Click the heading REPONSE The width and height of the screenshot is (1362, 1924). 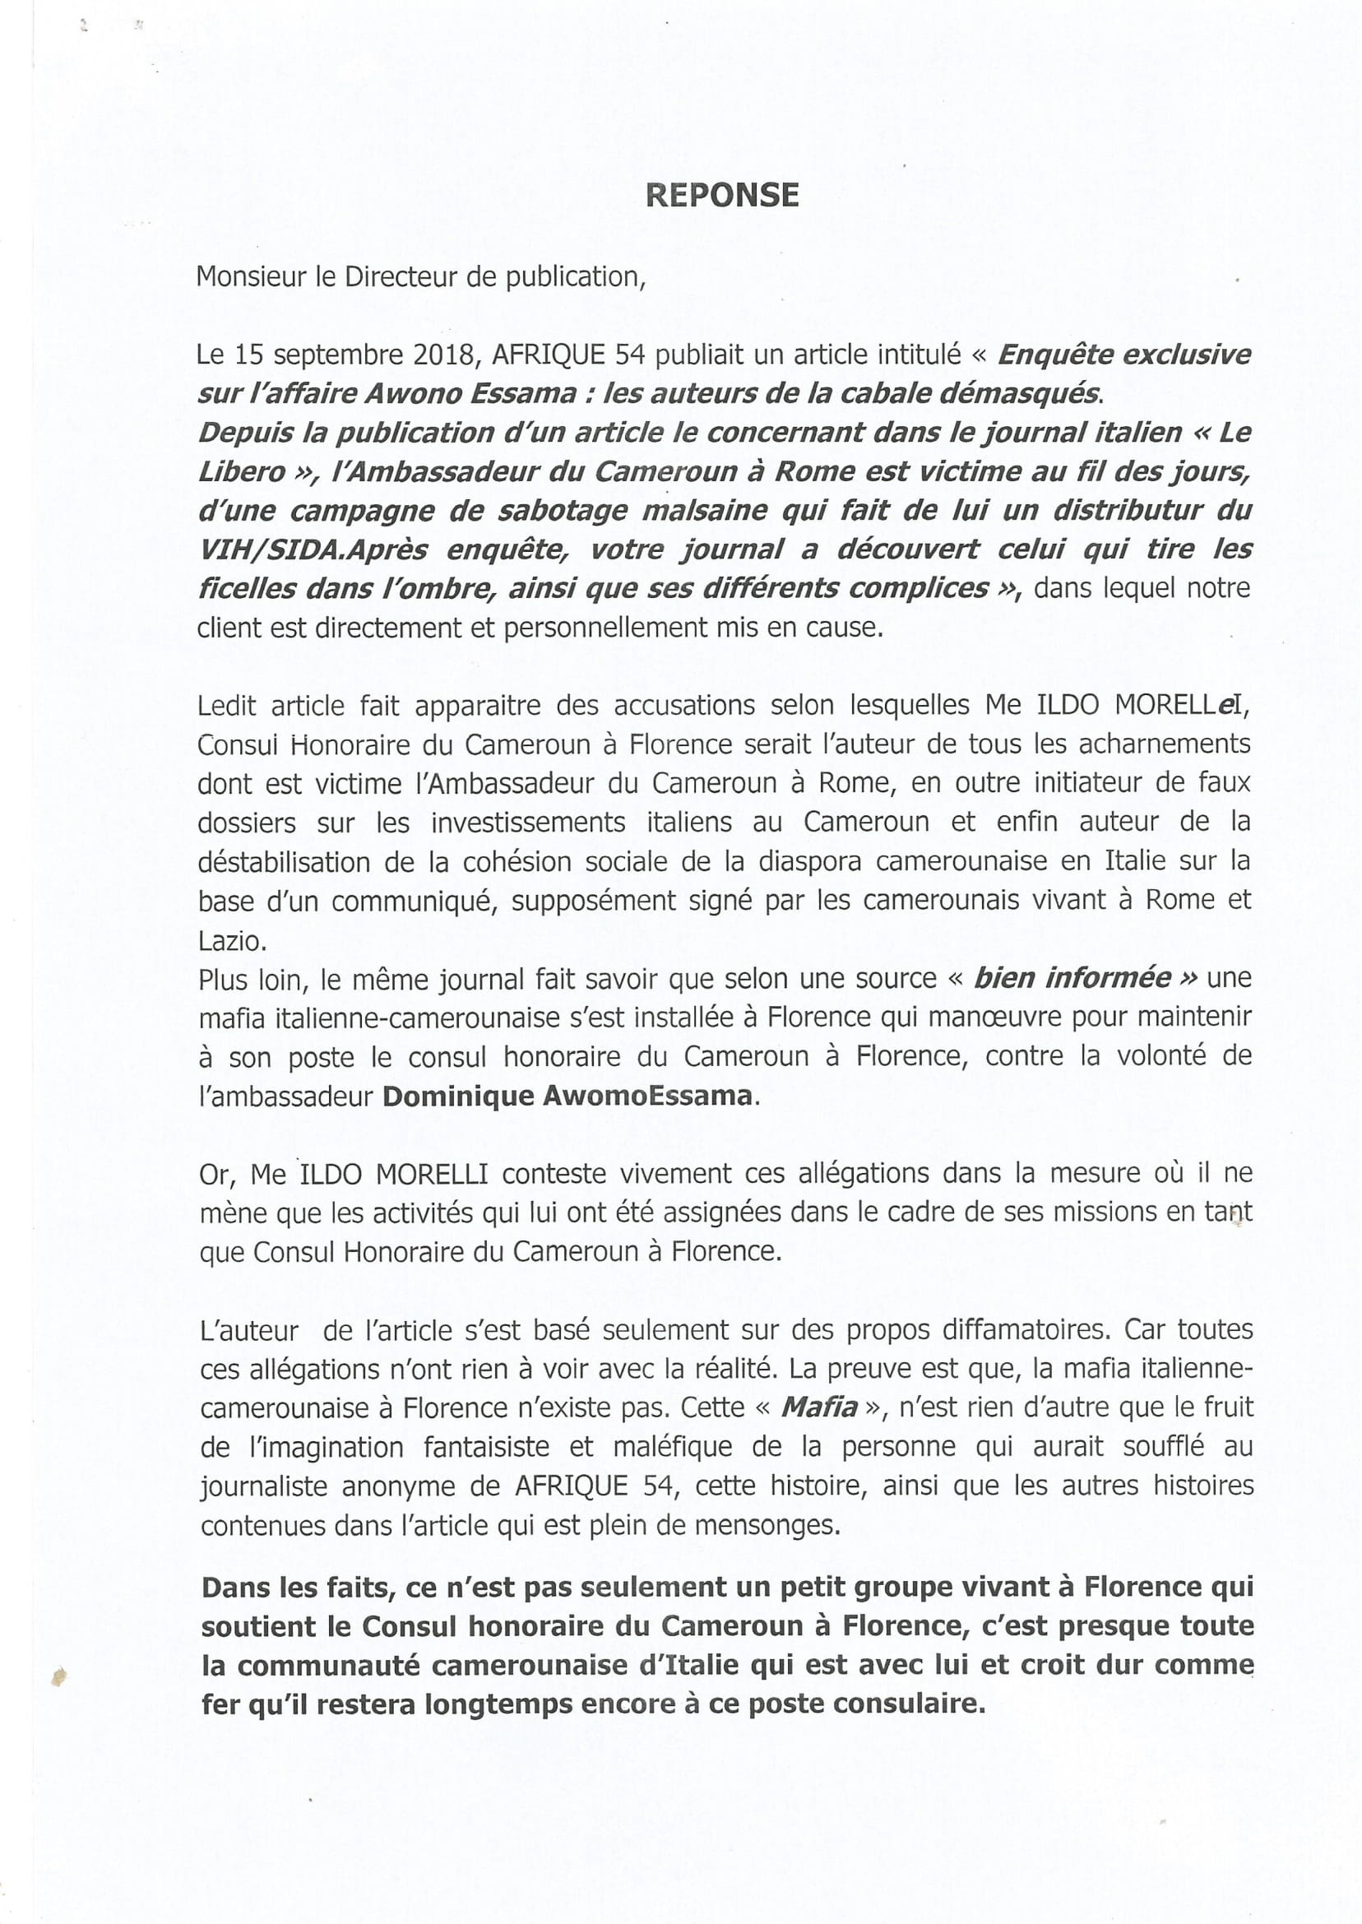click(722, 195)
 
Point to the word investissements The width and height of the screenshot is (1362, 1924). click(528, 822)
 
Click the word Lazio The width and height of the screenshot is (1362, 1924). click(231, 941)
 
